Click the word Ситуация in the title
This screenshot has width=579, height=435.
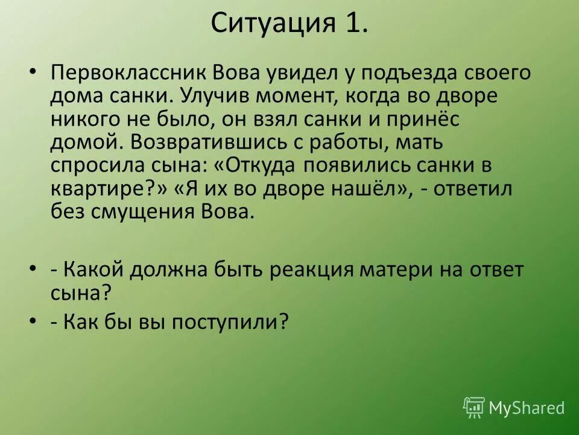273,25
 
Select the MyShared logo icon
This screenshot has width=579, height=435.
474,408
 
